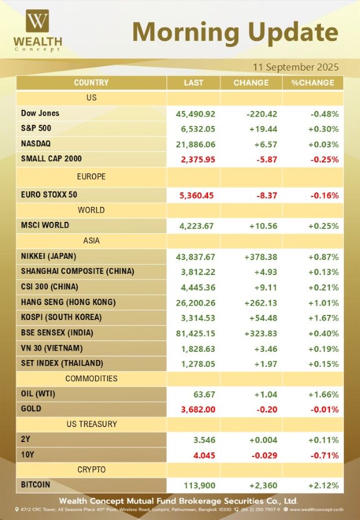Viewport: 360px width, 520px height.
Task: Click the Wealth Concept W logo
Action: tap(38, 21)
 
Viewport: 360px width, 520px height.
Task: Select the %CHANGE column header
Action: tap(313, 83)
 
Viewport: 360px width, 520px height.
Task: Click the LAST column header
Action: tap(194, 83)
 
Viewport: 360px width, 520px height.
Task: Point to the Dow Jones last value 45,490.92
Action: tap(195, 114)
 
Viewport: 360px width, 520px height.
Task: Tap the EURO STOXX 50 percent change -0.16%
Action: tap(323, 195)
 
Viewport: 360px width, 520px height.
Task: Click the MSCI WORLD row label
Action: tap(44, 225)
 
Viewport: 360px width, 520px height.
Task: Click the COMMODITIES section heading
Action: tap(91, 378)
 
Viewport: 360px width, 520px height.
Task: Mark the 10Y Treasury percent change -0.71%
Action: tap(323, 455)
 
